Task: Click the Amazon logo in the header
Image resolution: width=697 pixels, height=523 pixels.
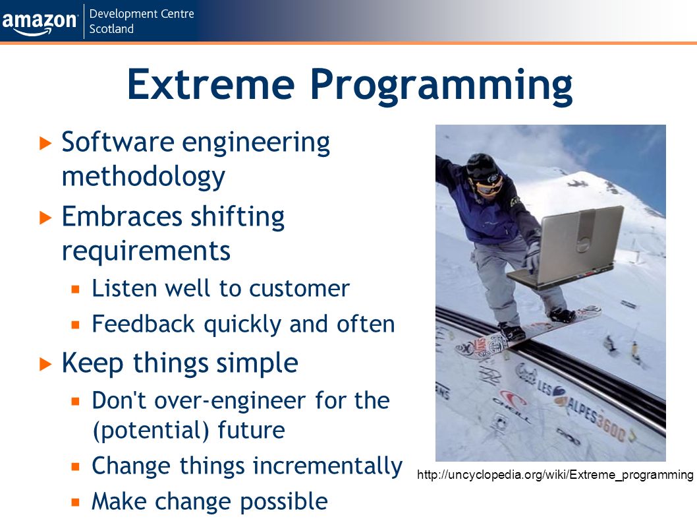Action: [39, 22]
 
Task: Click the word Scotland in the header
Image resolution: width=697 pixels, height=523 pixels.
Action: [111, 29]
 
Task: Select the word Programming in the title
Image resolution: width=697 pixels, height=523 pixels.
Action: [441, 86]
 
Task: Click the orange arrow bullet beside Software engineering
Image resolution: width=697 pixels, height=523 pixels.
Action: [45, 143]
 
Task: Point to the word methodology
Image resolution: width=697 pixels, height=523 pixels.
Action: [144, 177]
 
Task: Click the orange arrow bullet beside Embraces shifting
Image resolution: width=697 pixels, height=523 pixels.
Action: [45, 218]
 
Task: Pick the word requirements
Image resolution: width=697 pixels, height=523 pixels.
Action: [146, 251]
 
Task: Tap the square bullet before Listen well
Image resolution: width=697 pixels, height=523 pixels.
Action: [76, 290]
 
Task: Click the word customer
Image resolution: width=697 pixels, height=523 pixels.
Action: [300, 289]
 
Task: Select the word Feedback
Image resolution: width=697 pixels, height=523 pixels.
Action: [144, 324]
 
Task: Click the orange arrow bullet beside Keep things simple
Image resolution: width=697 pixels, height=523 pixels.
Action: [45, 364]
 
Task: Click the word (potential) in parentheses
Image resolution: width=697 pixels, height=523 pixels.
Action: [151, 431]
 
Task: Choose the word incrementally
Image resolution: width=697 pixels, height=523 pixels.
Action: [327, 466]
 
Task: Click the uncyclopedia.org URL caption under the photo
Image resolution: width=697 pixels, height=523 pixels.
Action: [555, 475]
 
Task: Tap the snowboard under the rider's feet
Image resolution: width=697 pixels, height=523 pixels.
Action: [528, 332]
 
